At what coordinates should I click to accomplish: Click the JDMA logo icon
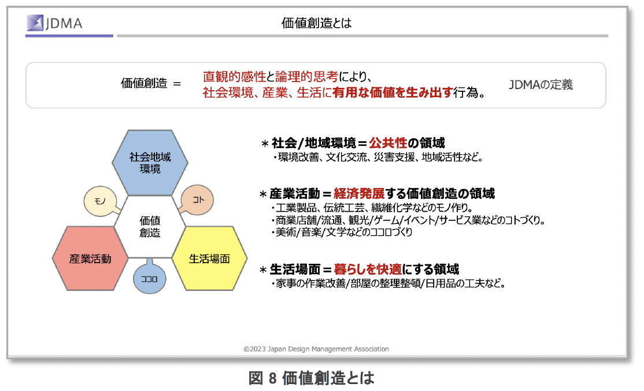pos(35,23)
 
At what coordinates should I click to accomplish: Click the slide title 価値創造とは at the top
pos(316,23)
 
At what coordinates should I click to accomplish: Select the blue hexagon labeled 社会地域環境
pos(150,163)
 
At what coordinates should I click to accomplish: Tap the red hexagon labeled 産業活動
pos(90,259)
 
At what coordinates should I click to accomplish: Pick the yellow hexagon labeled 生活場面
pos(209,259)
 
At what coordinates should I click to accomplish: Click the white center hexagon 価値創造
pos(150,227)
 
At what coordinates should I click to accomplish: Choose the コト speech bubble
pos(198,200)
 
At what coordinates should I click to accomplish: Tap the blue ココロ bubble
pos(150,278)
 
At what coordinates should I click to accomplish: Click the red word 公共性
pos(388,143)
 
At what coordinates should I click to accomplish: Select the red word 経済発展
pos(359,193)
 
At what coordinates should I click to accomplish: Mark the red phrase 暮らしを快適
pos(368,270)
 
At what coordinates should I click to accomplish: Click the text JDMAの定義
pos(541,84)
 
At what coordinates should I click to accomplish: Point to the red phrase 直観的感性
pos(235,76)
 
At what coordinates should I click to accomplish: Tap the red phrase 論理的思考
pos(306,76)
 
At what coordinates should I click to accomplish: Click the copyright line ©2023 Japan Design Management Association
pos(316,349)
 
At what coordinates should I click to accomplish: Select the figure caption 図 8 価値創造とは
pos(312,378)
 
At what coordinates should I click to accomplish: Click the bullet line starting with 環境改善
pos(378,157)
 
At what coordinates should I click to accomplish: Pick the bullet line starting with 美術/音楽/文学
pos(341,233)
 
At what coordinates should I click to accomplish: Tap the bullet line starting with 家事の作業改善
pos(388,283)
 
